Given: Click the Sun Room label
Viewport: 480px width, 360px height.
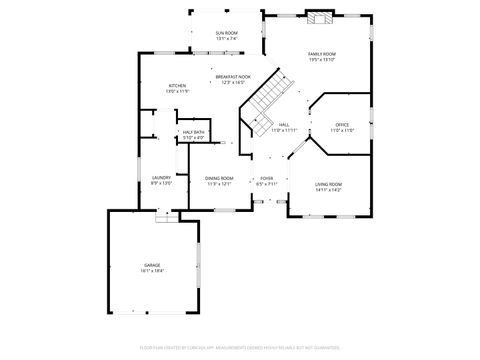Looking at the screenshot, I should [x=226, y=33].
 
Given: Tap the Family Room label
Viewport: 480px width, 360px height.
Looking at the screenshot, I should [x=321, y=54].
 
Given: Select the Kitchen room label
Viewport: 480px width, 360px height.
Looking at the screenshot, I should [x=177, y=86].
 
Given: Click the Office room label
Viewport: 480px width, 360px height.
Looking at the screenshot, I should [x=342, y=124].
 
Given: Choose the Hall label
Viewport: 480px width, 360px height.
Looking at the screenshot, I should [x=284, y=125].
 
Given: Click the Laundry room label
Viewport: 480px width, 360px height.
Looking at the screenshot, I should [x=161, y=178].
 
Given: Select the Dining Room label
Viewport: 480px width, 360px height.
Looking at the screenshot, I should [x=220, y=178].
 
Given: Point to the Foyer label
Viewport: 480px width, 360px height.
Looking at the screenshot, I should [x=267, y=178].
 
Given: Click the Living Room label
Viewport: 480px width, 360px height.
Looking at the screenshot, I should [x=328, y=184].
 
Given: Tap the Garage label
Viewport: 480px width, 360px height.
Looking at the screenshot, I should [x=152, y=265].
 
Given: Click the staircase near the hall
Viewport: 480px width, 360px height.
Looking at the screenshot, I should [x=266, y=97].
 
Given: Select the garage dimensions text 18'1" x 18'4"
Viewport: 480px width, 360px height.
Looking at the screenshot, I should [x=152, y=271].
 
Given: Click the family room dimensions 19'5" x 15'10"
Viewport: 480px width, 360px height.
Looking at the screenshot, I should [x=321, y=60].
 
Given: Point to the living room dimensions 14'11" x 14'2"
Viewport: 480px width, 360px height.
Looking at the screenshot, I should [x=328, y=190].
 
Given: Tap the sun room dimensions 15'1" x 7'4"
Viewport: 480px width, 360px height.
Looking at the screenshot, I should [x=226, y=39].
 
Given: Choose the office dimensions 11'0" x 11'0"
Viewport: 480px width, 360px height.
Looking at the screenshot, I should [x=342, y=130].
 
